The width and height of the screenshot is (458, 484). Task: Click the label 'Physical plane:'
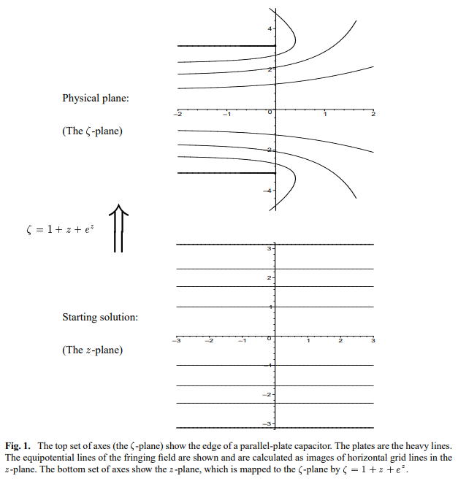(x=96, y=98)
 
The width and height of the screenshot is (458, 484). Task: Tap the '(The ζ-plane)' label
(x=92, y=131)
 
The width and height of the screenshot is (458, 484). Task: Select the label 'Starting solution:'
(x=100, y=317)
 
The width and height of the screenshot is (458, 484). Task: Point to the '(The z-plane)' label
(x=92, y=350)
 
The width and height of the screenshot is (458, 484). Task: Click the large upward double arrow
(x=119, y=228)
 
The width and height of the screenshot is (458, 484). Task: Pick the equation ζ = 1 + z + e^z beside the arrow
(x=56, y=229)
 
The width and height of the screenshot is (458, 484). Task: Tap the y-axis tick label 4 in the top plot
(x=270, y=28)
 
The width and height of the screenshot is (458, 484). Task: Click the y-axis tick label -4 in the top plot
(x=268, y=191)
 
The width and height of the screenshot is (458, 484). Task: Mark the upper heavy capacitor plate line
(x=226, y=46)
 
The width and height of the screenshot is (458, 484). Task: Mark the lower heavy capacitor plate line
(x=226, y=173)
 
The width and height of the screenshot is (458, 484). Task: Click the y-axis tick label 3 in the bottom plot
(x=269, y=250)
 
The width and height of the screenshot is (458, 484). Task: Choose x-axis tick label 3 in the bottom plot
(x=373, y=341)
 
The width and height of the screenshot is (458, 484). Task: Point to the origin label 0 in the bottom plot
(x=269, y=340)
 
